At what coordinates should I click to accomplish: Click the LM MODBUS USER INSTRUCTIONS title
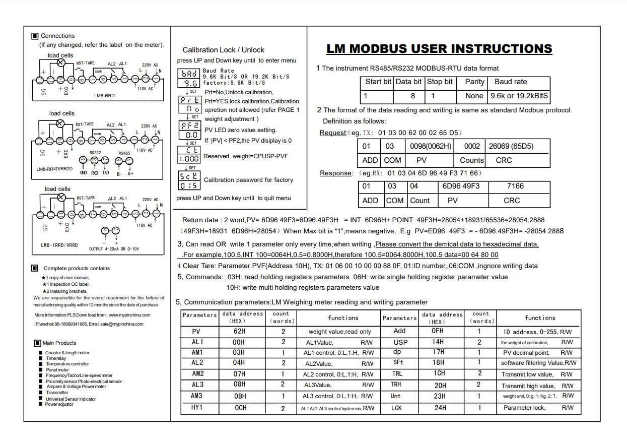point(439,49)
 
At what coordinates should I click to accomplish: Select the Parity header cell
point(474,82)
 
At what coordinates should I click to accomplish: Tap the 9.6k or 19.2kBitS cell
point(519,96)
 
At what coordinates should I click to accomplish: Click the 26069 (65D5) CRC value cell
point(511,146)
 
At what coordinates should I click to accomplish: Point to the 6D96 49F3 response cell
point(461,186)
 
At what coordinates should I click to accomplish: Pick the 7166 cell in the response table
point(515,186)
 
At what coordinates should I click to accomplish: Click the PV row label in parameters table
point(196,332)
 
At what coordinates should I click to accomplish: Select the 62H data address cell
point(239,332)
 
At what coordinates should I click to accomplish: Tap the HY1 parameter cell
point(196,408)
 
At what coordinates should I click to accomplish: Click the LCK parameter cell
point(396,408)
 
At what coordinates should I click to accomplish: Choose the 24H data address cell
point(439,408)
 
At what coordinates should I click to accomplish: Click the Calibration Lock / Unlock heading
point(223,50)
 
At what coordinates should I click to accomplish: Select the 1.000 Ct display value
point(189,158)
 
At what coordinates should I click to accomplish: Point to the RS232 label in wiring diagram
point(95,152)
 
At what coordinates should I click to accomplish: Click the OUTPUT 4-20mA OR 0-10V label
point(114,249)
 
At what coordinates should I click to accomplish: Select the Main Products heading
point(59,343)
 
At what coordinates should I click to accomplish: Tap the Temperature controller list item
point(67,364)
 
